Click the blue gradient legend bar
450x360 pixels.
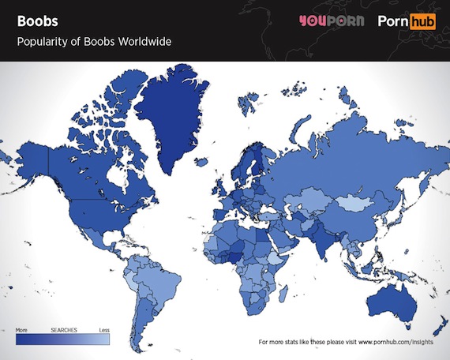pos(63,338)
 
